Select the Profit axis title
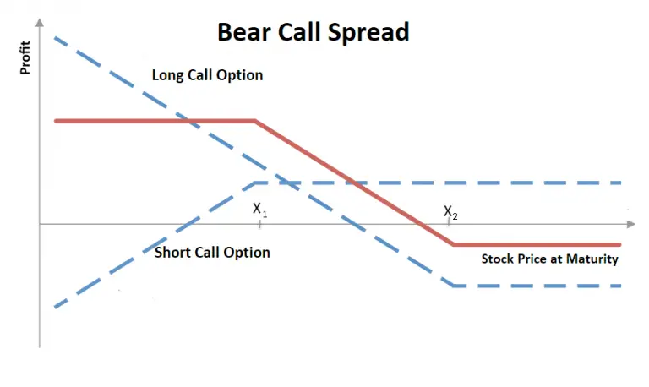25,57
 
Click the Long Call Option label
207,75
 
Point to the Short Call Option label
213,252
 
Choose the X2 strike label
451,212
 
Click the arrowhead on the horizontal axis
630,225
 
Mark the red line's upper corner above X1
255,121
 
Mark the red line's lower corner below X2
454,244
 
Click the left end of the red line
56,121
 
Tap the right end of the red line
620,244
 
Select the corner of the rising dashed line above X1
256,183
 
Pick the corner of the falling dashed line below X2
454,286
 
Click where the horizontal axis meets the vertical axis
40,225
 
